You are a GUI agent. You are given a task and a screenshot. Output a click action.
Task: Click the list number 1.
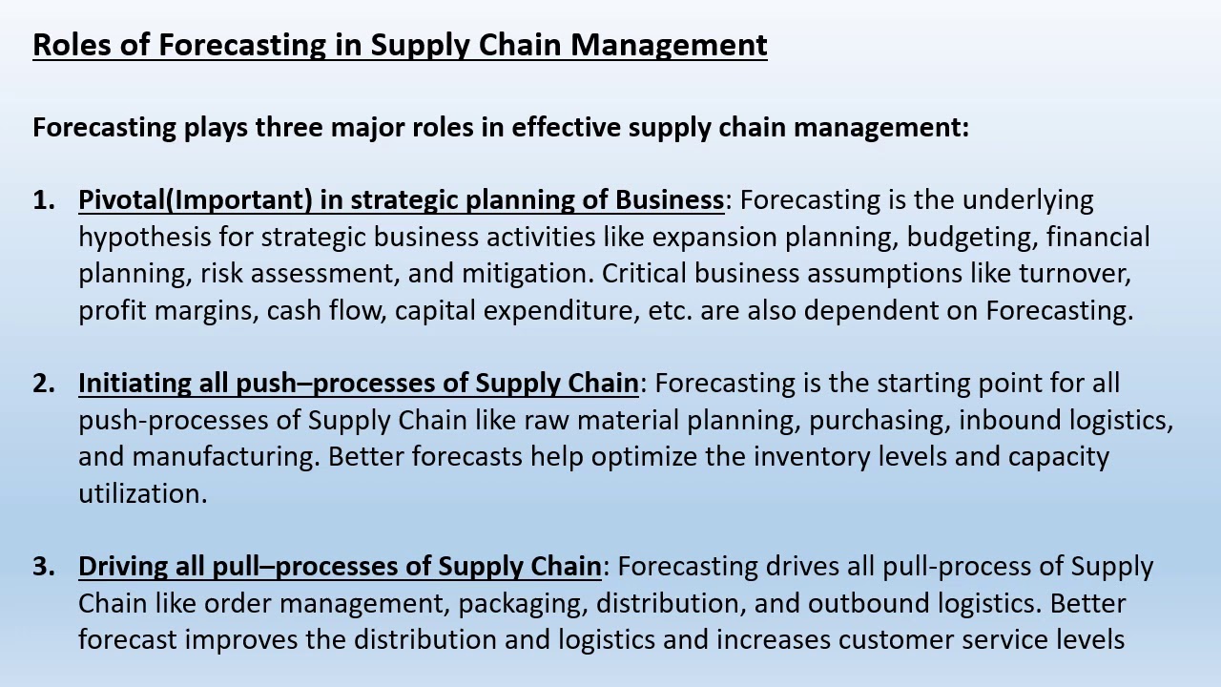point(43,200)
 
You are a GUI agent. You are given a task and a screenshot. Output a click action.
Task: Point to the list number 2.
point(43,384)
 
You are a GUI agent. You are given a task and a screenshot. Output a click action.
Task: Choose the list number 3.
point(43,567)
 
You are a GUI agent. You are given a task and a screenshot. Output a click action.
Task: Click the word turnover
point(1074,274)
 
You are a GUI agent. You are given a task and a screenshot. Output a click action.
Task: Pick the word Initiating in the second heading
point(135,384)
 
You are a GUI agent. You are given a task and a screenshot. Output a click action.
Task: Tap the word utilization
point(142,493)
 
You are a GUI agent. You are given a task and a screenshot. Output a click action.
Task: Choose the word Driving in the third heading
point(123,567)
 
